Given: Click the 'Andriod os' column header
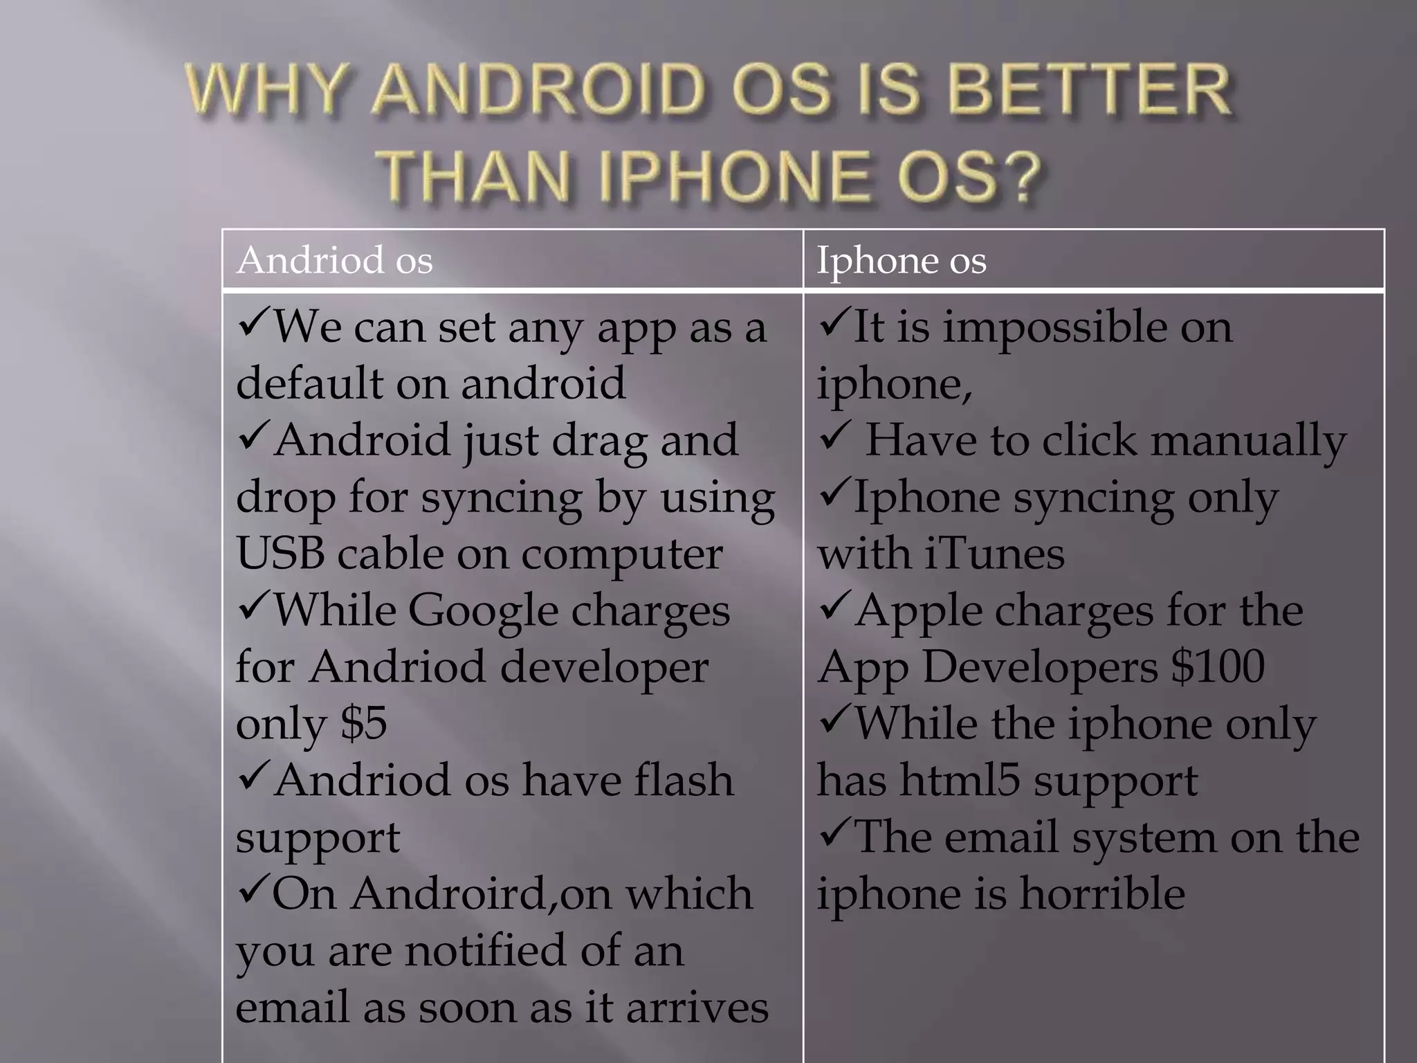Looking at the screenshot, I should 334,260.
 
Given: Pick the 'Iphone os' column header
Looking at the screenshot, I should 901,260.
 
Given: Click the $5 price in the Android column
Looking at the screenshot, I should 363,724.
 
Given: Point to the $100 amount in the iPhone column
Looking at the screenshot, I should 1218,667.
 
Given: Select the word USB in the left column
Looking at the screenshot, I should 280,554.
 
